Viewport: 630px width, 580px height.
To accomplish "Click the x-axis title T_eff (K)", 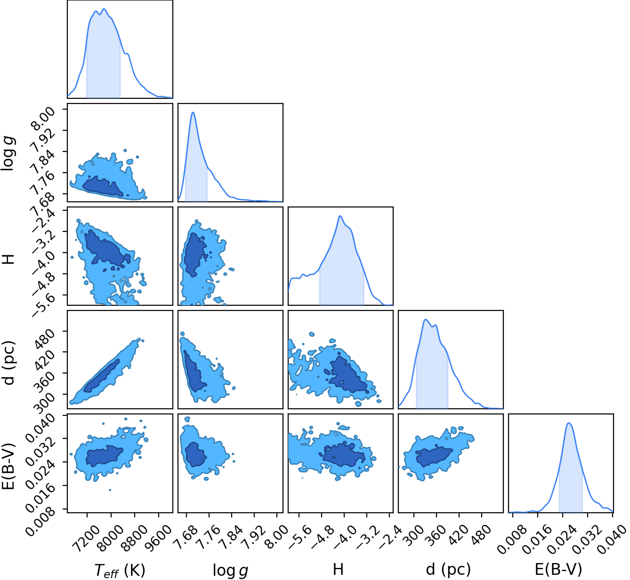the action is (120, 570).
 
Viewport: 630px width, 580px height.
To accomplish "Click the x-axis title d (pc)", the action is (448, 570).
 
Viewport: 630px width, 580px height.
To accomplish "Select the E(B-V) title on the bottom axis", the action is (559, 570).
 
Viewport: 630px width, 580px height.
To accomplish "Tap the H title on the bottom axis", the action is (338, 569).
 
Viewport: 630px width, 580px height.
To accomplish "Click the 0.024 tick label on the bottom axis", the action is (562, 539).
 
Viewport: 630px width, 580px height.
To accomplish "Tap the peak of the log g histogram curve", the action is (193, 112).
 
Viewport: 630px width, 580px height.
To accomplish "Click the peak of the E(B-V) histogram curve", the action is (569, 423).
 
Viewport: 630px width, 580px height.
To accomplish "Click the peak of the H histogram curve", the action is (340, 215).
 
